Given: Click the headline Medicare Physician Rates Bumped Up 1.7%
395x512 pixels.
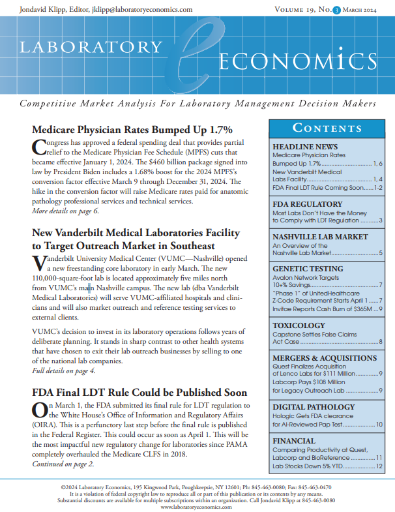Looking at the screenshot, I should [132, 129].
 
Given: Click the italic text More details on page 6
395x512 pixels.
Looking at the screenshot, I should [65, 211].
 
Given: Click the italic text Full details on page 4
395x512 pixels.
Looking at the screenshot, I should [64, 370].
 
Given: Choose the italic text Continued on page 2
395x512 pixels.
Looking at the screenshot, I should [63, 464].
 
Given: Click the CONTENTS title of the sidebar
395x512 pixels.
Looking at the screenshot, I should [323, 127].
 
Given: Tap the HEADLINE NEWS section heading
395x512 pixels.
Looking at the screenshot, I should [304, 147].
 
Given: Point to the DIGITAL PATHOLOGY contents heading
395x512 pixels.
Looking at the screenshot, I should [314, 406].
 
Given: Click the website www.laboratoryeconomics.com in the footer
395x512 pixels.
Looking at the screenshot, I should [197, 506].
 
